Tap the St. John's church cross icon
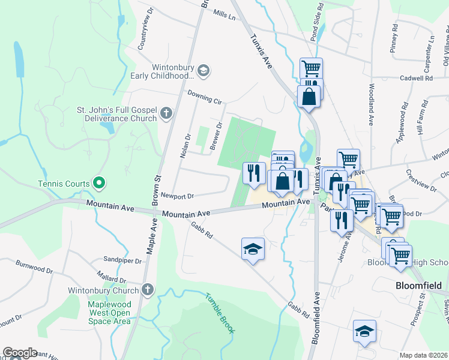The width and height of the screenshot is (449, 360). [x=167, y=113]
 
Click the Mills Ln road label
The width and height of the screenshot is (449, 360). [x=224, y=13]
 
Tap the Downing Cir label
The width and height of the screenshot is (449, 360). [x=204, y=97]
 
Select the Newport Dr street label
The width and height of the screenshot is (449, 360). [x=178, y=196]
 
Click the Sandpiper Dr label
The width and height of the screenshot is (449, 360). [x=122, y=261]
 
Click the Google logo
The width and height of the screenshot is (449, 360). [x=20, y=353]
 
